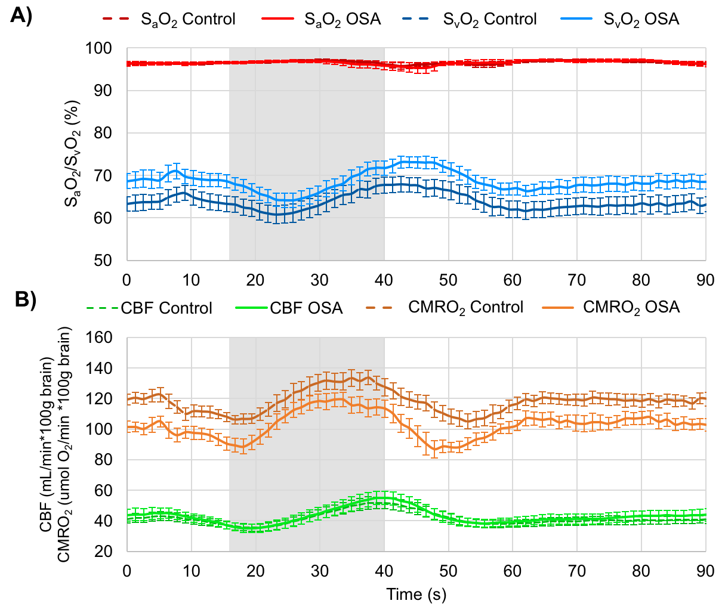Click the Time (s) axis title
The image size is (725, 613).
(416, 595)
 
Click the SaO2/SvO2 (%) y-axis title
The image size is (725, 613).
(73, 154)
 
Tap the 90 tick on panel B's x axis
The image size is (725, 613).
(705, 571)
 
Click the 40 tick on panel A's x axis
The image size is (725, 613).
(384, 280)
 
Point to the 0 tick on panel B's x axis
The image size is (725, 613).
(127, 571)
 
